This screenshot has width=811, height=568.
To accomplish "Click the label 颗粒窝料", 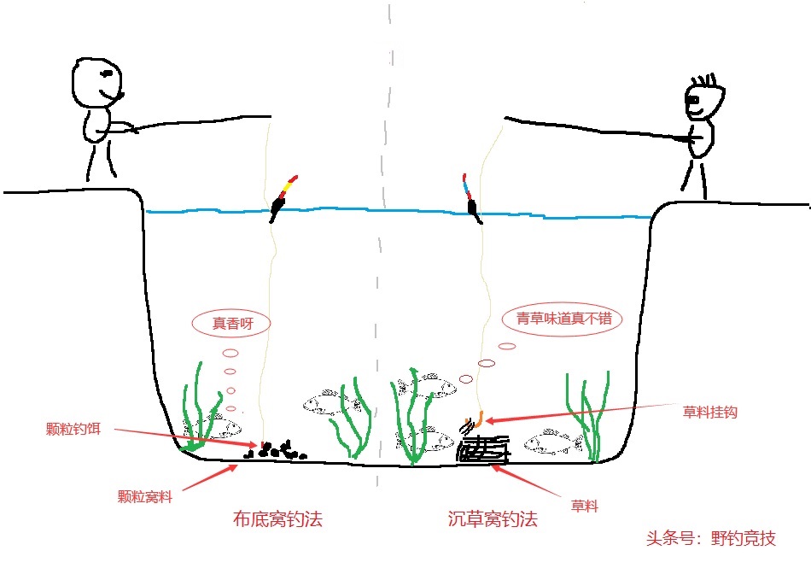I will tap(144, 496).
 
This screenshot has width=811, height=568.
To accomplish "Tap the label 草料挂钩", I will tap(709, 412).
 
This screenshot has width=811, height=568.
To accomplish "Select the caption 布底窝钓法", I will tap(277, 518).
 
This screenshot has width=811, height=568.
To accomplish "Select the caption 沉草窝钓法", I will tap(493, 518).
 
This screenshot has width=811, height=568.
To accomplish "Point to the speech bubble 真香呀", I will tap(230, 323).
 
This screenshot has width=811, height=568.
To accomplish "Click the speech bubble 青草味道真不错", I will tap(563, 319).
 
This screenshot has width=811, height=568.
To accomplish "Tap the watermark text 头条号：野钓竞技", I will tap(711, 539).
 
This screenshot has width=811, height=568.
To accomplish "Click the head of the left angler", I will tap(96, 83).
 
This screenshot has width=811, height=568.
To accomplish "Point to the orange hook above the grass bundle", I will tap(476, 419).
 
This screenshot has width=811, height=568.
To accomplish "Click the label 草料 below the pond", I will tap(584, 507).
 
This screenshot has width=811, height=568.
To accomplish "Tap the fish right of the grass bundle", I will tap(552, 442).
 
